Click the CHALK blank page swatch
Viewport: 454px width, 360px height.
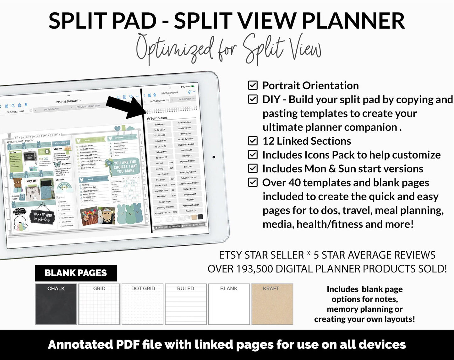coord(56,304)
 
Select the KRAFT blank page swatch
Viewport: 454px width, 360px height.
coord(272,304)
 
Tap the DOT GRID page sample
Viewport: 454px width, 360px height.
coord(143,304)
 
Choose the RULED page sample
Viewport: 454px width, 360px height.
coord(186,304)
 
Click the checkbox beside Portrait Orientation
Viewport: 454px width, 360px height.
coord(253,85)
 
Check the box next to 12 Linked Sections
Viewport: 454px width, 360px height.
coord(253,141)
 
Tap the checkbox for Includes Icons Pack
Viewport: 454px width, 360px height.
coord(253,155)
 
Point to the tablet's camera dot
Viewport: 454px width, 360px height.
coord(214,157)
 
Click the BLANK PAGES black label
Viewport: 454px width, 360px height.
coord(76,273)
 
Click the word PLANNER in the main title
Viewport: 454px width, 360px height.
coord(353,21)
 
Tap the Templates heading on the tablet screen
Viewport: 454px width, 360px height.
coord(159,118)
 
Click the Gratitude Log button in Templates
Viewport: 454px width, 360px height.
coord(184,122)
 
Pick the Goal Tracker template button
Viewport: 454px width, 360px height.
coord(163,174)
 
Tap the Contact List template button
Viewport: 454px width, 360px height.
coord(191,211)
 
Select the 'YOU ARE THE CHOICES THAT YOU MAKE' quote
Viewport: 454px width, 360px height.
coord(125,167)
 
